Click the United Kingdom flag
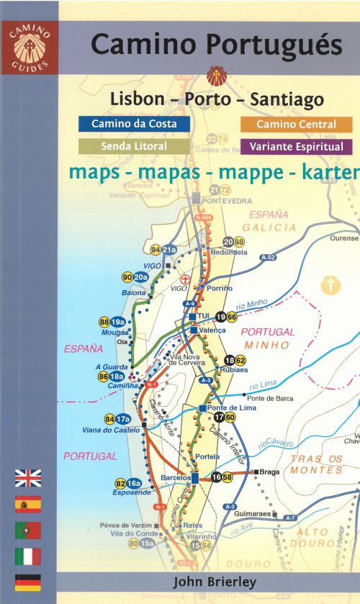click(x=28, y=478)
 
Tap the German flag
click(x=28, y=582)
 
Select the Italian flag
click(x=28, y=556)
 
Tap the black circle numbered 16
click(x=217, y=477)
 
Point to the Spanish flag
click(x=28, y=504)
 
